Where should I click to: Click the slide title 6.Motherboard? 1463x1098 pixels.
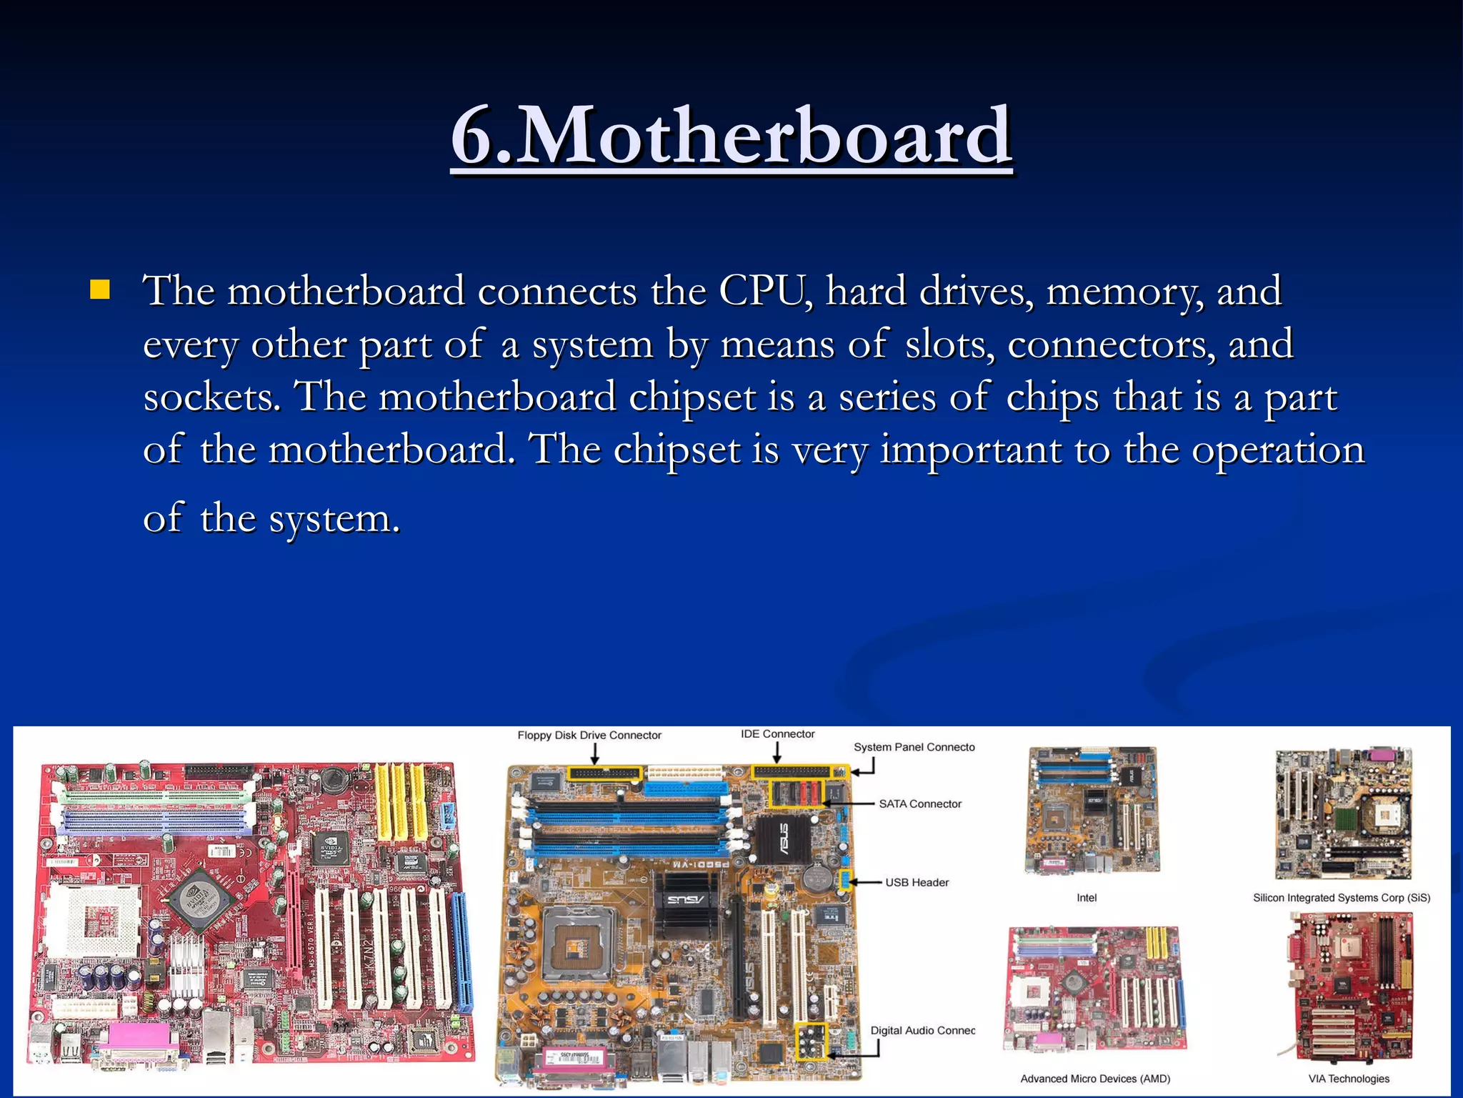(731, 136)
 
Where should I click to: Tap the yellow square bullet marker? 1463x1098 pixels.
(100, 290)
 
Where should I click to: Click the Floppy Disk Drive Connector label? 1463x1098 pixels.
(589, 735)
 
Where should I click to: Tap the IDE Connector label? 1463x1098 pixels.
(777, 734)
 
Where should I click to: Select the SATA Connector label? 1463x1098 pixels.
(920, 803)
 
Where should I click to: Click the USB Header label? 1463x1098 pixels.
(917, 882)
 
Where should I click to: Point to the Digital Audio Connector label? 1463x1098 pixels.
(922, 1030)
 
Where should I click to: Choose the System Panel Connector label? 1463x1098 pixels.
(914, 747)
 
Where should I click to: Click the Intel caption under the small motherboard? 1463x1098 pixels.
(1087, 898)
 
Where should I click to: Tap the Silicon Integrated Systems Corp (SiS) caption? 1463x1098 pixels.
(1341, 898)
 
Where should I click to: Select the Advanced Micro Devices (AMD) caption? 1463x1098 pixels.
(1095, 1079)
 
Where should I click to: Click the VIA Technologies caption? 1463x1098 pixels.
(1349, 1079)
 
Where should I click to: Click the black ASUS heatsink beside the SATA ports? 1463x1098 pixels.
(783, 838)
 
